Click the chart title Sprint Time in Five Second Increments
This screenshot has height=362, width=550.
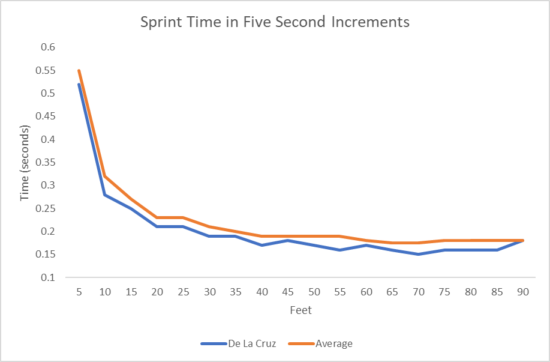point(275,23)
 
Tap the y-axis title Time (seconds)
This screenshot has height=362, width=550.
point(25,163)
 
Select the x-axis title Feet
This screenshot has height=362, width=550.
point(301,310)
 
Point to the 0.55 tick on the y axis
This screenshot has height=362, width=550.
point(46,70)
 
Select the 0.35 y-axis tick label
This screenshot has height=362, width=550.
point(46,163)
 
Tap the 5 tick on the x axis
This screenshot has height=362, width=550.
point(79,292)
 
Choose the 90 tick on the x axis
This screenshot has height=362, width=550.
point(523,292)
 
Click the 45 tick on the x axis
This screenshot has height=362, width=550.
point(288,292)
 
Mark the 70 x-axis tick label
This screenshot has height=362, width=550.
point(419,292)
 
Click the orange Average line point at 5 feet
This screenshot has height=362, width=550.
point(79,70)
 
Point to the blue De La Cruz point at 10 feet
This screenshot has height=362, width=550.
point(105,195)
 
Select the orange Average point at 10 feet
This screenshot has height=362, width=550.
point(105,176)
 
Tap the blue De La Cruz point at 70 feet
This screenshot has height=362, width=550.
point(419,255)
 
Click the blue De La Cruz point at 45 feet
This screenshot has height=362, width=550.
point(288,241)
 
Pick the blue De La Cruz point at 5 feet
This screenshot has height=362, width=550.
point(79,84)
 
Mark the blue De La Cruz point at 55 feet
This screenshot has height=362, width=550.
point(340,250)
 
